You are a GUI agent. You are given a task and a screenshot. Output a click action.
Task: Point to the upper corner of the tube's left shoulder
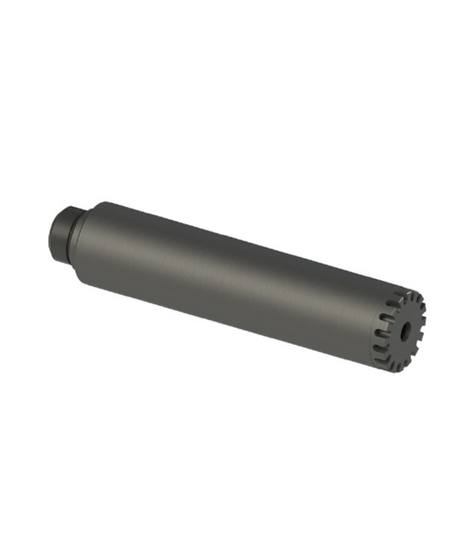pyautogui.click(x=98, y=202)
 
